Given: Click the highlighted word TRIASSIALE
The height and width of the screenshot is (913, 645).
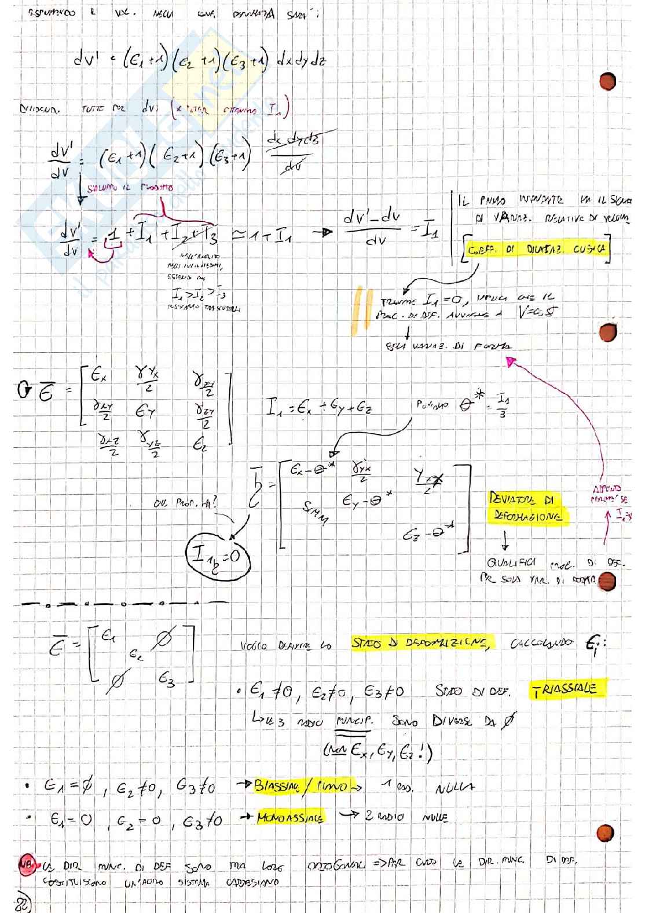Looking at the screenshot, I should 566,689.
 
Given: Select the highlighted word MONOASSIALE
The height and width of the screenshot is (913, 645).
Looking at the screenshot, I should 289,817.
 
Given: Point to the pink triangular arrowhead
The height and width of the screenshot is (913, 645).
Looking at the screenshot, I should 510,362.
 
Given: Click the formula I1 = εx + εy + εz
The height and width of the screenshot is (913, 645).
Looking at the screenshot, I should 319,409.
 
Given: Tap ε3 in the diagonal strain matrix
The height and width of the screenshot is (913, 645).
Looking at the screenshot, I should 166,681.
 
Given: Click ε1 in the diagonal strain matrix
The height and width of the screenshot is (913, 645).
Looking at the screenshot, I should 108,636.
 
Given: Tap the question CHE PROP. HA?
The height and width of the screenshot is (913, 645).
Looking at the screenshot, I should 186,503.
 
